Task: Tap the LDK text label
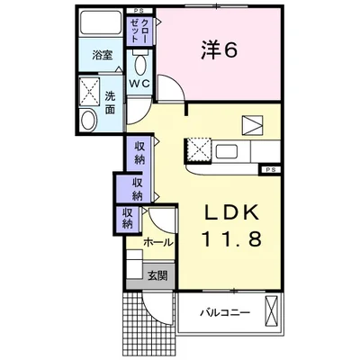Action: click(x=231, y=212)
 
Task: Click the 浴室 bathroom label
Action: click(x=103, y=55)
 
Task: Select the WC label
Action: click(x=139, y=83)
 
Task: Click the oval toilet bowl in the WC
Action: click(x=140, y=65)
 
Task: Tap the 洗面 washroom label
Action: click(x=110, y=103)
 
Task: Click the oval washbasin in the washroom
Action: click(x=89, y=120)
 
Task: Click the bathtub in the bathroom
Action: click(x=101, y=22)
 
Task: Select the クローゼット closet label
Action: click(x=140, y=30)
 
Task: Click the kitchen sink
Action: click(x=228, y=151)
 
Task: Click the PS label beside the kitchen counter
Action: click(x=271, y=170)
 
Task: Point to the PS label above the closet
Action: click(x=139, y=11)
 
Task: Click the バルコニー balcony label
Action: click(x=225, y=313)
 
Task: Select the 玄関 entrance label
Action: click(x=157, y=275)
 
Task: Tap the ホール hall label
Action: click(x=158, y=242)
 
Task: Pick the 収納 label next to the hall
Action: click(x=128, y=219)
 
